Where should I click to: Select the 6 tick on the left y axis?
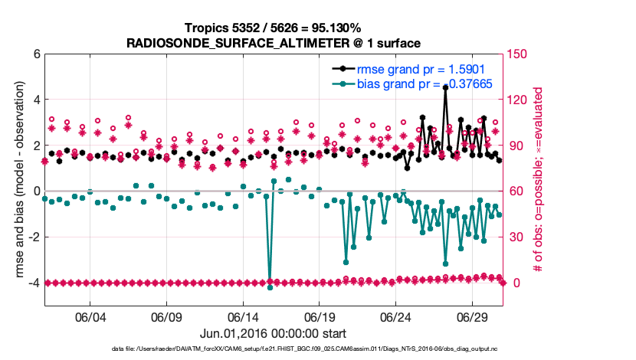35,54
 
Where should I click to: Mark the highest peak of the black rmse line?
445,88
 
